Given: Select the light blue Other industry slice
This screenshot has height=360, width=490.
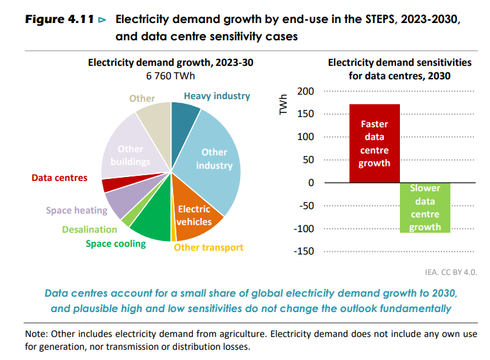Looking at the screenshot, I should [x=214, y=160].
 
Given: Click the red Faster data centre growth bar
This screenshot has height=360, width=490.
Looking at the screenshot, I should [x=374, y=143].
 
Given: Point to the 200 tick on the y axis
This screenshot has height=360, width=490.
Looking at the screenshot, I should [x=306, y=91].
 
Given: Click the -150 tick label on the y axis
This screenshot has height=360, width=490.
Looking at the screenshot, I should [x=304, y=251].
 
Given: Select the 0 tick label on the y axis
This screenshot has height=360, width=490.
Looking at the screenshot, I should [x=311, y=183].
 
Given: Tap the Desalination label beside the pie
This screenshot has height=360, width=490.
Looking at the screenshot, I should [x=89, y=229].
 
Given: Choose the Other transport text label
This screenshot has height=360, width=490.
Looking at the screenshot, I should [x=208, y=247].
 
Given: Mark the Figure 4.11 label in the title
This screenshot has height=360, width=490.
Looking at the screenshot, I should [x=60, y=20].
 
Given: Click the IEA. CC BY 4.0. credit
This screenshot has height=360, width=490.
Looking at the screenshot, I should [x=450, y=272].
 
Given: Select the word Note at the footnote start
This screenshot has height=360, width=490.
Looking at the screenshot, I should [x=36, y=334].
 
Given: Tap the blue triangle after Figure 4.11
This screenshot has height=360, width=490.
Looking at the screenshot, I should [x=102, y=20].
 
